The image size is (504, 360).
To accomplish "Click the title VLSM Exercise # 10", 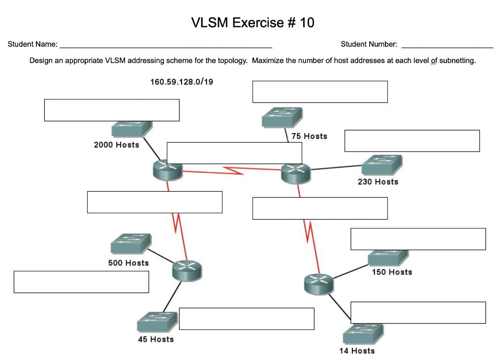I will tap(252, 23).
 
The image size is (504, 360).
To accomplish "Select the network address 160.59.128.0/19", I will tap(182, 82).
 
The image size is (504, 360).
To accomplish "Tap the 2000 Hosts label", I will tap(117, 145).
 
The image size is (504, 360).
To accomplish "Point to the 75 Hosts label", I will tap(309, 136).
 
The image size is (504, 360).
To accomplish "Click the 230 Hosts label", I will tap(378, 182).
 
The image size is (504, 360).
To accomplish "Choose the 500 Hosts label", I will tap(128, 263).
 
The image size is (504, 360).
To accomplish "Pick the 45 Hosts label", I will tap(156, 339).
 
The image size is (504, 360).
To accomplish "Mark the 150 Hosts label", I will tap(392, 272).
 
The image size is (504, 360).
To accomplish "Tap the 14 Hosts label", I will tap(357, 351).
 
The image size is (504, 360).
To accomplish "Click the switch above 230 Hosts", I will tap(382, 165).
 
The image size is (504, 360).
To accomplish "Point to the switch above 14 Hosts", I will tap(363, 335).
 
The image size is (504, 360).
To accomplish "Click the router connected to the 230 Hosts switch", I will tap(296, 173).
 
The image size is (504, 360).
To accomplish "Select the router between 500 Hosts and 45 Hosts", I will tap(187, 270).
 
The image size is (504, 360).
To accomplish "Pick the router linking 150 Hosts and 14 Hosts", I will tap(318, 284).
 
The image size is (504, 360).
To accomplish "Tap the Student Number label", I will tap(369, 44).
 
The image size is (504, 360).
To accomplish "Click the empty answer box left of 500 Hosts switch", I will tap(81, 282).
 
